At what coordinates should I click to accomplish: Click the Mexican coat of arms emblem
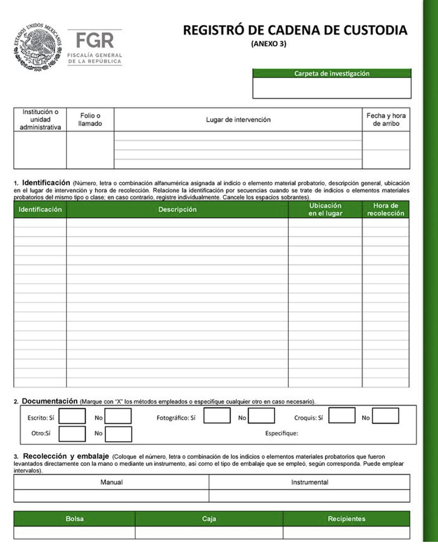[38, 47]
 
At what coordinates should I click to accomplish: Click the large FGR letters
[95, 41]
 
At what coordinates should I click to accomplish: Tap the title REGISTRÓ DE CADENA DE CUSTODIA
[295, 30]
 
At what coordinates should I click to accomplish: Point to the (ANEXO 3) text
[269, 44]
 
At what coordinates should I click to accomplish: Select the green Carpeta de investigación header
[332, 74]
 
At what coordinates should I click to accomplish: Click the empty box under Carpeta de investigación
[332, 88]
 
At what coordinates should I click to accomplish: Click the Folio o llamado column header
[90, 119]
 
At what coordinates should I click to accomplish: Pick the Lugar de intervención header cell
[238, 119]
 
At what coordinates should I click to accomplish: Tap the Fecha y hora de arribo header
[386, 119]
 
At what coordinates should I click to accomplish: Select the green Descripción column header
[177, 209]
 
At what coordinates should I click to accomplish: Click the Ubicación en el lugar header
[325, 209]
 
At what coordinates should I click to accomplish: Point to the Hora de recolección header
[385, 209]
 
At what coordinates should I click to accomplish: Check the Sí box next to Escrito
[72, 416]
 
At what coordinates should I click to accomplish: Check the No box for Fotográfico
[261, 416]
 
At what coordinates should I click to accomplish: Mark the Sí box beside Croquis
[342, 416]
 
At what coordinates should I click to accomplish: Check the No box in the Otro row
[118, 434]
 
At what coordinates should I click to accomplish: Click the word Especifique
[282, 433]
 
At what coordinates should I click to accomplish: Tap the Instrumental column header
[309, 482]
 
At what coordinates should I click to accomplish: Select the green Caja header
[209, 518]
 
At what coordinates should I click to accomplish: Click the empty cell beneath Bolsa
[74, 532]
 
